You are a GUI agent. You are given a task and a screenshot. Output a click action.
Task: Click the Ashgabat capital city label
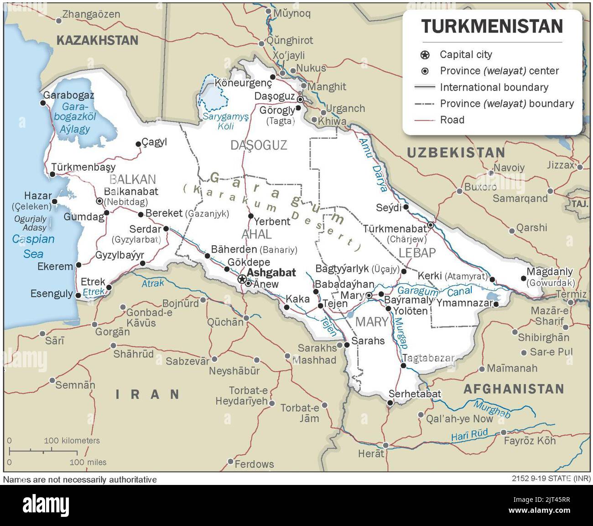[271, 273]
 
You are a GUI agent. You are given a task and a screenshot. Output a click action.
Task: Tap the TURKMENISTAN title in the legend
[492, 26]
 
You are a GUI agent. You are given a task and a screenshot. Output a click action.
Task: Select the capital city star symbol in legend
[425, 55]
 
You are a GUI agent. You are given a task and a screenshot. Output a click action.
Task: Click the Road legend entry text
[452, 120]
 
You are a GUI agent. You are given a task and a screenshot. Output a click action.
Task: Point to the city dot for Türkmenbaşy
[53, 174]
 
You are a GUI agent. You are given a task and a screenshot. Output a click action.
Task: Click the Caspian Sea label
[33, 246]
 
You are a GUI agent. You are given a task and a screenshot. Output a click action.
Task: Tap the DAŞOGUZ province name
[259, 146]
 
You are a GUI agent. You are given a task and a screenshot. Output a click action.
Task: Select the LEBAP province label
[417, 253]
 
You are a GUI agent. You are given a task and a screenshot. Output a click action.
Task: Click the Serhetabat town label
[415, 394]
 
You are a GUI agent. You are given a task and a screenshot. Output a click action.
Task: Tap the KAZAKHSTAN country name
[97, 40]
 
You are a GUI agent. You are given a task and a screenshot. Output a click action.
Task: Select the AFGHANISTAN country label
[514, 389]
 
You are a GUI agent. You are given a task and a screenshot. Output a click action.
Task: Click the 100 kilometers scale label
[72, 441]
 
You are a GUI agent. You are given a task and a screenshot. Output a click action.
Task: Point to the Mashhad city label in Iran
[314, 360]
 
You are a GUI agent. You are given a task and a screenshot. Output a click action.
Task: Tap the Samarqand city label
[520, 198]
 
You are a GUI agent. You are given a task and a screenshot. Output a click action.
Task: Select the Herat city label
[371, 453]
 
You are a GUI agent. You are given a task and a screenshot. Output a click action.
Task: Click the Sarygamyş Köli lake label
[226, 121]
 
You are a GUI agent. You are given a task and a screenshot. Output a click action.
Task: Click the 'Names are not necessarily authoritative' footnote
[80, 479]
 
